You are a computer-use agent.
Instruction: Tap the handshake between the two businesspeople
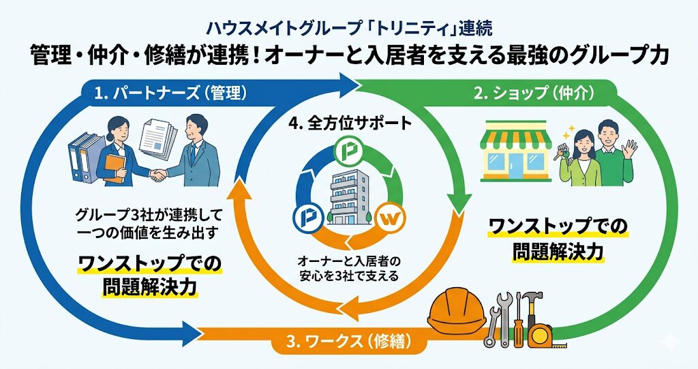157,175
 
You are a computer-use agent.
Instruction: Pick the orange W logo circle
389,220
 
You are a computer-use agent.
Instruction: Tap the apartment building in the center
349,195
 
